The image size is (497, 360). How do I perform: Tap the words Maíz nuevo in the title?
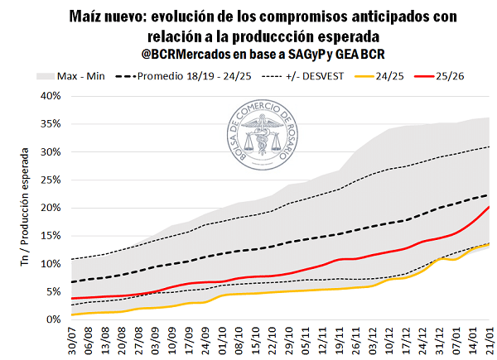point(107,17)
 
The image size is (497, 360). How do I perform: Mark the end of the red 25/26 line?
point(489,207)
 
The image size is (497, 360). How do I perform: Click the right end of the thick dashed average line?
point(489,195)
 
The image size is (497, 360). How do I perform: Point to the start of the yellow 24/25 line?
point(73,314)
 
